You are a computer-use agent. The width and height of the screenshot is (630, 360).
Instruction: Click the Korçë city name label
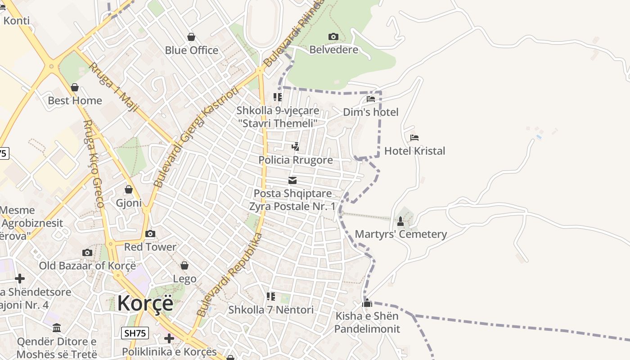pos(145,303)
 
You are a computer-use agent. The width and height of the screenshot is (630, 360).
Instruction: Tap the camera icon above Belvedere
pos(333,36)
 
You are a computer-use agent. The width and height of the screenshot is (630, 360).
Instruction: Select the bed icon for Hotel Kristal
pos(414,137)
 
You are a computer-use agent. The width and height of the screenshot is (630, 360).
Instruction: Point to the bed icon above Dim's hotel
pos(371,99)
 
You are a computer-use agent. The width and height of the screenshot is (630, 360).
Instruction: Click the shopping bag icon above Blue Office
pos(191,37)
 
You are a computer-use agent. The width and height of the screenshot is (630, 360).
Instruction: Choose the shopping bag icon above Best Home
pos(75,87)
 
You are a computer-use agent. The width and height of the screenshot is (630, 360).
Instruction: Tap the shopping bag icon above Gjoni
pos(129,189)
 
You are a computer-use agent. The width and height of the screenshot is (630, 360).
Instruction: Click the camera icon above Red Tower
pos(150,234)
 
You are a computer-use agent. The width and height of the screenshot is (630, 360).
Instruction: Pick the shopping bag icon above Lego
pos(184,265)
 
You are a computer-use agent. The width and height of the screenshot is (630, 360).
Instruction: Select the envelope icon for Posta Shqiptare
pos(292,180)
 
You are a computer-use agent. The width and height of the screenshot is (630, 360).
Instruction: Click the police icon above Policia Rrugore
pos(295,146)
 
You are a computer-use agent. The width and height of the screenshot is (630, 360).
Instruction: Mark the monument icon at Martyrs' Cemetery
pos(400,221)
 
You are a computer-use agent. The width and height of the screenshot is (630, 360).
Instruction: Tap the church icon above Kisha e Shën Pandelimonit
pos(367,303)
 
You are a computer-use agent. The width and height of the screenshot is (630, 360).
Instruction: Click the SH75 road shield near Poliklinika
pos(135,333)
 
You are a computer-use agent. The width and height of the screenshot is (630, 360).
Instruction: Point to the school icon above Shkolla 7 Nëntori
pos(270,297)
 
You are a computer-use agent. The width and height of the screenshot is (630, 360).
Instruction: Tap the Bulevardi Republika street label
pos(230,274)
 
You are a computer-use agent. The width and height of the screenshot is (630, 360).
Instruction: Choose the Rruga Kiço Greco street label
pos(94,164)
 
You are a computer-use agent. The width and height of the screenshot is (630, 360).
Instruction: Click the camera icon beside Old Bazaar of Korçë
pos(87,252)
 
